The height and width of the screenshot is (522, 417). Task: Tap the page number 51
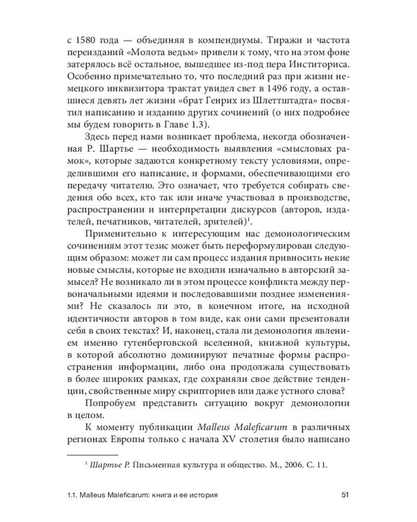(x=344, y=494)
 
